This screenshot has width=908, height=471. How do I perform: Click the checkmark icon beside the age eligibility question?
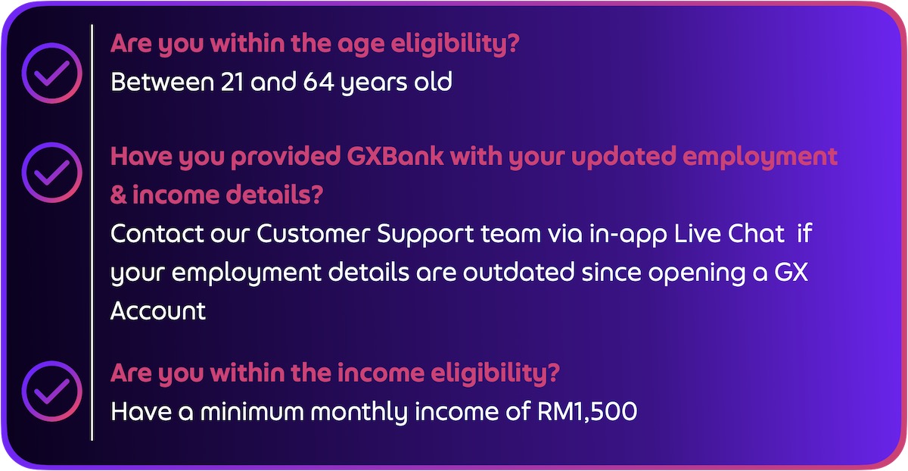coord(52,73)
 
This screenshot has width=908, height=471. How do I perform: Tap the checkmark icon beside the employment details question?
coord(52,173)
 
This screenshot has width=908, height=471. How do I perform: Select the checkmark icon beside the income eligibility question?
coord(52,391)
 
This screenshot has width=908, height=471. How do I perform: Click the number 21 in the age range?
coord(232,82)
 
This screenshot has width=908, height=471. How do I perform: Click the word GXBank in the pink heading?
coord(395,157)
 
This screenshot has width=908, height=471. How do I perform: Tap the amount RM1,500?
coord(587,411)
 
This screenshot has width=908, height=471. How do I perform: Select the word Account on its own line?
coord(158,310)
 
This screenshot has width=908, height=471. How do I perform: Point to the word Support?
coord(425,235)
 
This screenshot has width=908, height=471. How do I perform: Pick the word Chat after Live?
coord(757,233)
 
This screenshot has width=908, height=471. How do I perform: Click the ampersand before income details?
coord(118,195)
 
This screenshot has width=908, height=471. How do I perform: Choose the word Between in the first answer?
coord(162,82)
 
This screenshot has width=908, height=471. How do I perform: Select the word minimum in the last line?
coord(252,411)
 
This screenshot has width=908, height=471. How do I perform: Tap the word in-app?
coord(628,235)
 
